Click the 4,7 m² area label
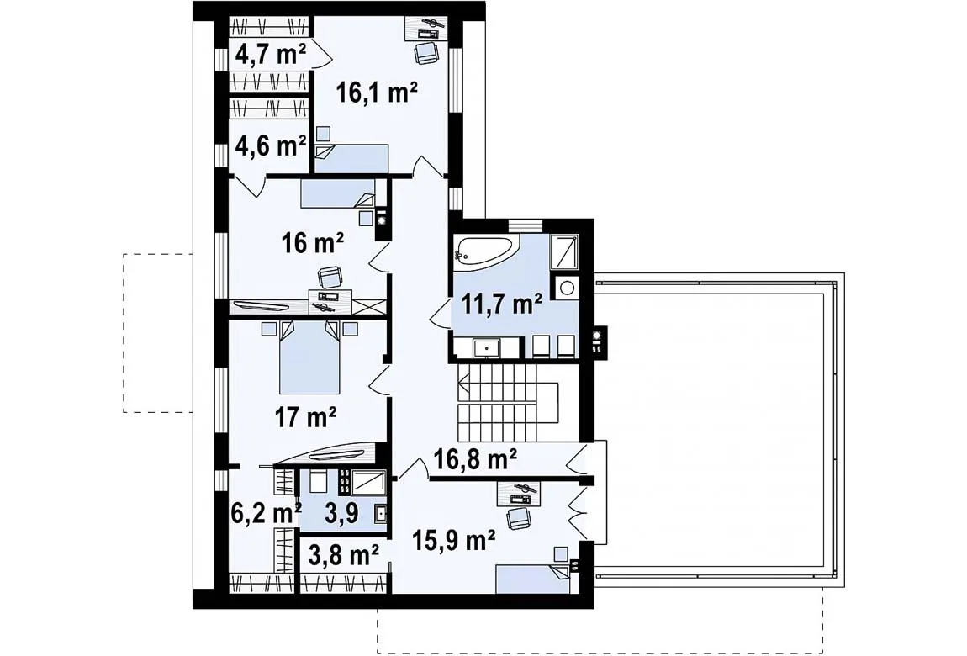(271, 56)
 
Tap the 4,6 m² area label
(271, 145)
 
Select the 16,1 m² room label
(377, 93)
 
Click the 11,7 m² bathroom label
(503, 304)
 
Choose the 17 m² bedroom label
(305, 419)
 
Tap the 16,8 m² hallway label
(475, 458)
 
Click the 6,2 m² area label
(266, 512)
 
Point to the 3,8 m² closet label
(343, 556)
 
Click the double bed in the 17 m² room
(309, 357)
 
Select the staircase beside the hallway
(508, 394)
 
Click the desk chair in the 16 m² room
(330, 276)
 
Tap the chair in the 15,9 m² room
(519, 517)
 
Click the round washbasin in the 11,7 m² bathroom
(566, 287)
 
